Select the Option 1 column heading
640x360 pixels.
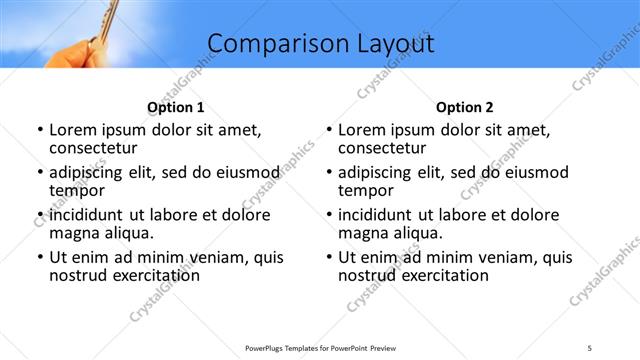(176, 108)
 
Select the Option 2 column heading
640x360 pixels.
(465, 108)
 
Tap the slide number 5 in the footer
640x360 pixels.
(590, 348)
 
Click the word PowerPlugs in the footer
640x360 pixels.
(268, 348)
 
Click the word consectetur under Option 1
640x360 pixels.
(97, 148)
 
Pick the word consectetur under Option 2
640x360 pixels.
(386, 148)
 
